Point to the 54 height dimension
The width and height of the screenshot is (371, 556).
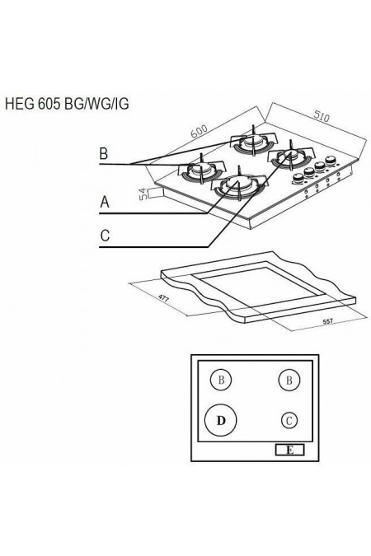pyautogui.click(x=143, y=194)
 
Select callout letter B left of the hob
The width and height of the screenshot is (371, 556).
pyautogui.click(x=104, y=153)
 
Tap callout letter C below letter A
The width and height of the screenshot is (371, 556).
pyautogui.click(x=105, y=236)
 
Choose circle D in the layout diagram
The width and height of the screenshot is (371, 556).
pyautogui.click(x=220, y=421)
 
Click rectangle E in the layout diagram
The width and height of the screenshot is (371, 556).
pyautogui.click(x=289, y=450)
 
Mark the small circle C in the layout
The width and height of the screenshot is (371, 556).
pyautogui.click(x=288, y=420)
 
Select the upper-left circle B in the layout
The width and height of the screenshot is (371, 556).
pyautogui.click(x=220, y=380)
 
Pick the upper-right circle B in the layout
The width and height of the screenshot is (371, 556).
pyautogui.click(x=288, y=380)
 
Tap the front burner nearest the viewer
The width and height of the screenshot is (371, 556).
pyautogui.click(x=234, y=186)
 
